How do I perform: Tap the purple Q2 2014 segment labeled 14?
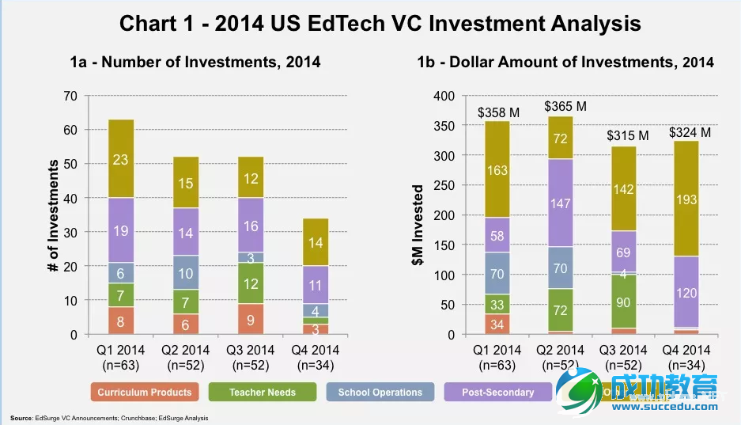click(186, 233)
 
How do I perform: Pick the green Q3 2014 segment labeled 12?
click(251, 283)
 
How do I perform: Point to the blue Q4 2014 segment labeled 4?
click(316, 310)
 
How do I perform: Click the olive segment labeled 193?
click(687, 199)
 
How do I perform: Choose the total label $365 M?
click(565, 106)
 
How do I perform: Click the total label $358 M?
click(499, 113)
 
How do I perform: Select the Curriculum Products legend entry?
click(144, 392)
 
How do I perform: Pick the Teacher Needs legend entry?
click(263, 392)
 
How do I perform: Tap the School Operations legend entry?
click(380, 392)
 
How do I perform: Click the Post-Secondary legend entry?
click(498, 392)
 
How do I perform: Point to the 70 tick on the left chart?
click(70, 96)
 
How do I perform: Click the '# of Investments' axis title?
click(53, 215)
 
